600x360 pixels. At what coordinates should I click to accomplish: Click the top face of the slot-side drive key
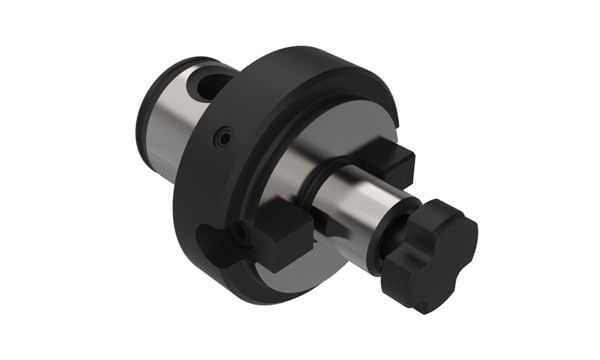click(x=283, y=224)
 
